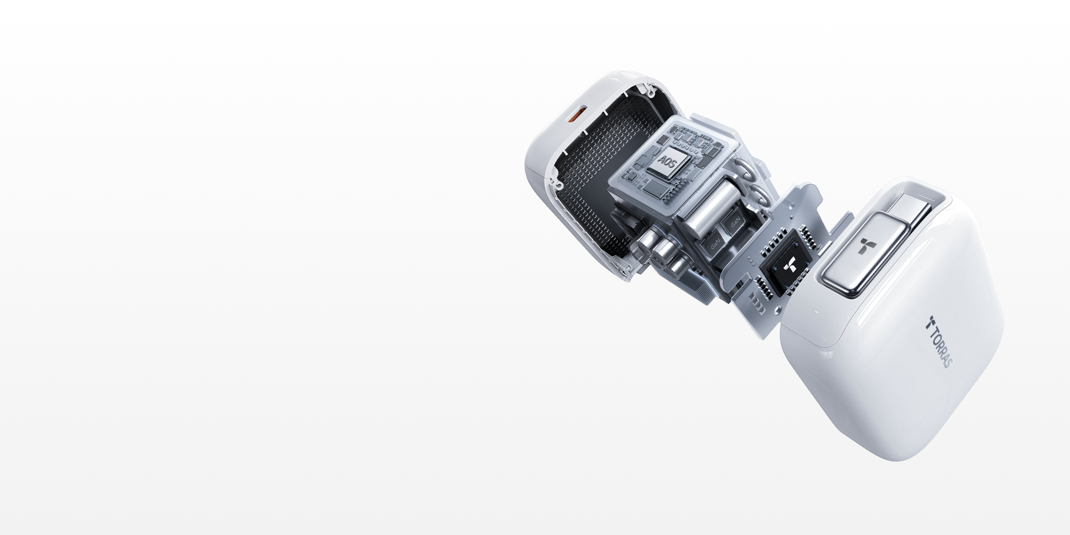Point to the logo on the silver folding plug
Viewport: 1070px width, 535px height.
(867, 246)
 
